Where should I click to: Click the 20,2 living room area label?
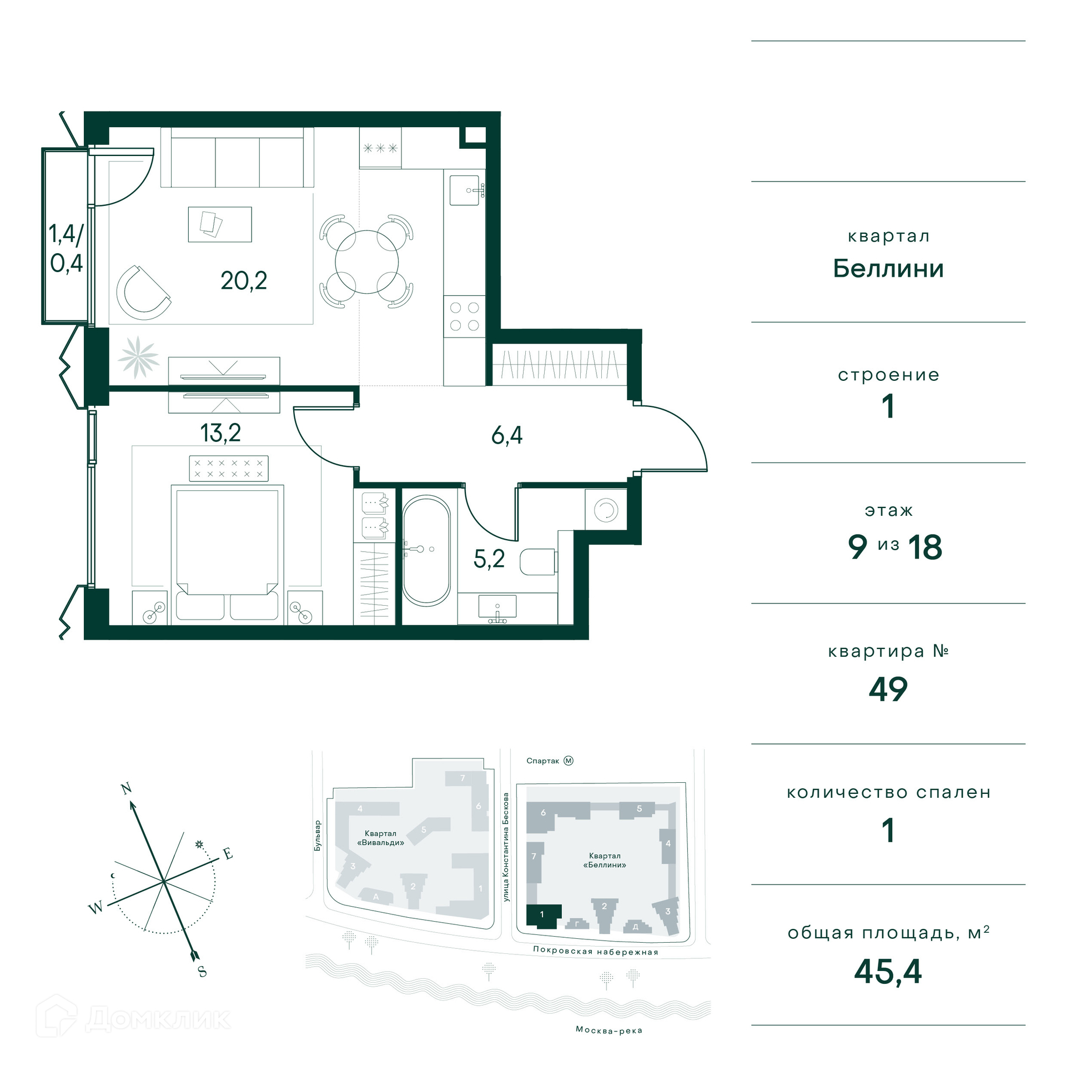[x=244, y=281]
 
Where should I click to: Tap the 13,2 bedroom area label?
[x=220, y=433]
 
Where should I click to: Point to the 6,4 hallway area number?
[x=507, y=435]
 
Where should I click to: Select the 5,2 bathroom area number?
[x=489, y=559]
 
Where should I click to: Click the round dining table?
[x=367, y=262]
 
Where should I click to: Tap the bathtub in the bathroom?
[x=426, y=551]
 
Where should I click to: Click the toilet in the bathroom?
[x=538, y=562]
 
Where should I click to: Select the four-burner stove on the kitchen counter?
[x=465, y=316]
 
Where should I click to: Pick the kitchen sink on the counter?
[x=465, y=190]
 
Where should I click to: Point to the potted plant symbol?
[x=138, y=357]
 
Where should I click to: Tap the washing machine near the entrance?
[x=606, y=509]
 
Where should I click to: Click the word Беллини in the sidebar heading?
[x=888, y=269]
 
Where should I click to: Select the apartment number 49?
[x=888, y=690]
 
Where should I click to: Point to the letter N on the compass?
[x=127, y=788]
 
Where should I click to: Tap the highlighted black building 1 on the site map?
[x=543, y=916]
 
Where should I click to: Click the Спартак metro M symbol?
[x=569, y=761]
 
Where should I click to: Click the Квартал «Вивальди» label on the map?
[x=381, y=838]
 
